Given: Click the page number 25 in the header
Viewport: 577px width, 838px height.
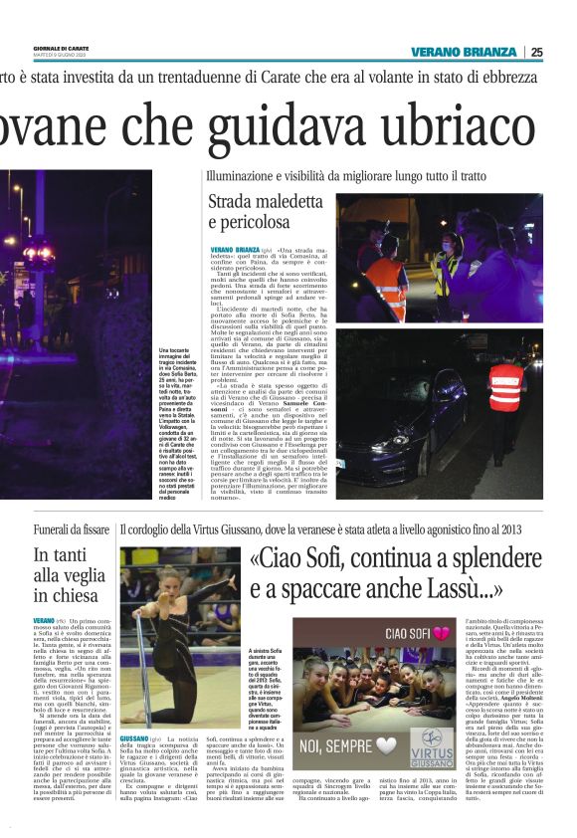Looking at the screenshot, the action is (x=563, y=52).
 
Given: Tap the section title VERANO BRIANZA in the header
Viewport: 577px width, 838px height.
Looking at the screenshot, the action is (x=465, y=52).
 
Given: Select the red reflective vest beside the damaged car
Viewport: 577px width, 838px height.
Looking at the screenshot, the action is (x=505, y=384).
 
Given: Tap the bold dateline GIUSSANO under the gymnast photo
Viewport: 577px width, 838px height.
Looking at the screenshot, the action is (x=134, y=766).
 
